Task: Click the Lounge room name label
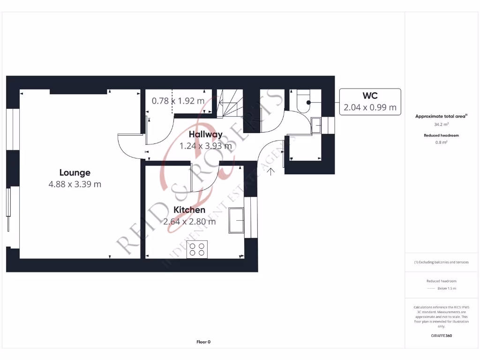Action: [75, 172]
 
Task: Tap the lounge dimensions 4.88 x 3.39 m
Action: [75, 184]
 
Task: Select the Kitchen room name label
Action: [189, 210]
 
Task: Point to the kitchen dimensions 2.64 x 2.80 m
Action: [189, 222]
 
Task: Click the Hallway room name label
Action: [205, 134]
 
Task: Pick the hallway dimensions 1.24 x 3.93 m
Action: [205, 146]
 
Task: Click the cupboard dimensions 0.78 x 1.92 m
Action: [178, 101]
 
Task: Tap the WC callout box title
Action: [370, 97]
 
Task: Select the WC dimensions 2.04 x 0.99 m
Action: [370, 107]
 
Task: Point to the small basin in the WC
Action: [317, 125]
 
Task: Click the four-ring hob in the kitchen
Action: [197, 249]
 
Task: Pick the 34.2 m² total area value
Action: [441, 125]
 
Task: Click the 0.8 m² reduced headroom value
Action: [441, 142]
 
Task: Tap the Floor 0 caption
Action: [203, 342]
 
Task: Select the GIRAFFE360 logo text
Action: [441, 336]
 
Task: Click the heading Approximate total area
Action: [441, 116]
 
